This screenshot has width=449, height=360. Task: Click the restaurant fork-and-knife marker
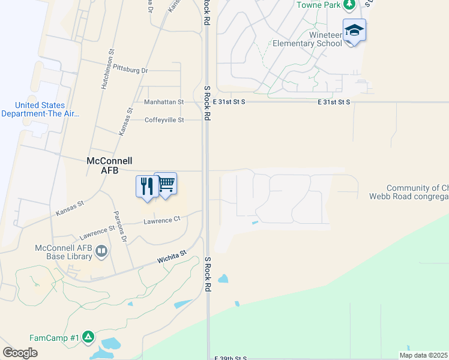tap(146, 186)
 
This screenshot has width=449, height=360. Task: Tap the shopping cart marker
tap(166, 183)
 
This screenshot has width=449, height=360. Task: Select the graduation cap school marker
tap(354, 30)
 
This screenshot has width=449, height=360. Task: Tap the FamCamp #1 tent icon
tap(88, 337)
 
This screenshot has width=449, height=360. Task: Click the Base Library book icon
tap(101, 251)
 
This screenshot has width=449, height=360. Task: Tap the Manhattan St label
tap(163, 102)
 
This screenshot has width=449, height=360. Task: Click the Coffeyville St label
tap(164, 120)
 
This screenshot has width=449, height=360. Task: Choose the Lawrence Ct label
tap(161, 220)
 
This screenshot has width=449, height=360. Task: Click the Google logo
tap(20, 352)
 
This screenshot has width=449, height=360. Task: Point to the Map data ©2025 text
tap(423, 355)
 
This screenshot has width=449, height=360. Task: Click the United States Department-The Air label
tap(40, 109)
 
